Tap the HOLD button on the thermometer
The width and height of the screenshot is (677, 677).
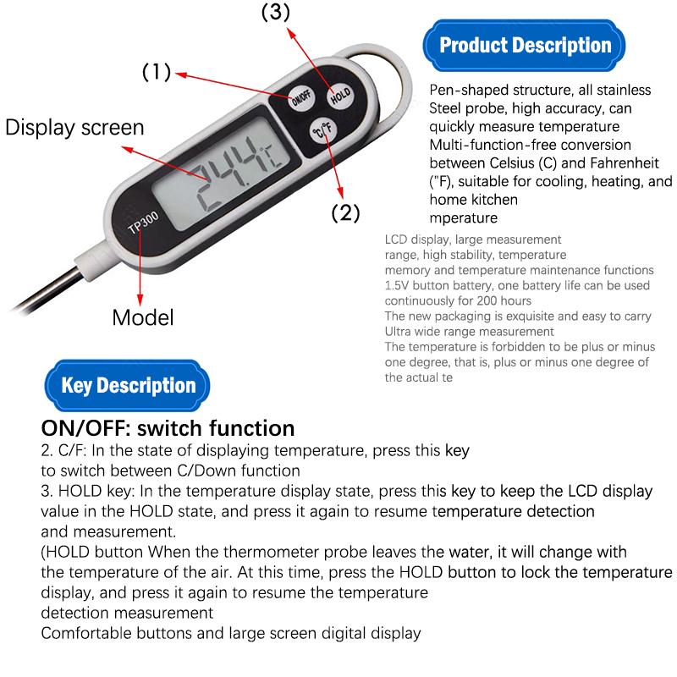340,96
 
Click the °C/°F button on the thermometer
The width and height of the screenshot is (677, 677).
323,130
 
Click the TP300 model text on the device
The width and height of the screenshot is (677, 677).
143,222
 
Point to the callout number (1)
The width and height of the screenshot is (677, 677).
157,72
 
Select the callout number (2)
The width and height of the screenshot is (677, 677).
345,212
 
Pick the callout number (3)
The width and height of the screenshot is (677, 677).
276,12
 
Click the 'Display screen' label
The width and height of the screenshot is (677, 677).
74,128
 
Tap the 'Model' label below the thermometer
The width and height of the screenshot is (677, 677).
143,317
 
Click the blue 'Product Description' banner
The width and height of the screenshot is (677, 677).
524,46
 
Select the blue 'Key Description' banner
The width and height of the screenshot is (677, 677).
128,385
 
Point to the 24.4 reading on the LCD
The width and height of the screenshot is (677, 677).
229,173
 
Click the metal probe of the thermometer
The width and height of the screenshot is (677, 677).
47,289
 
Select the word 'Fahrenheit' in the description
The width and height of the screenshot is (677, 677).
625,162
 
